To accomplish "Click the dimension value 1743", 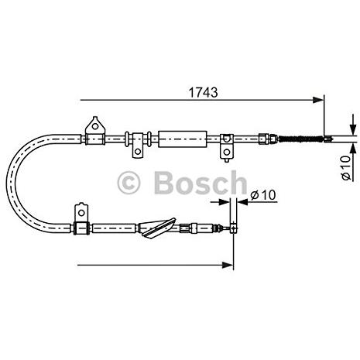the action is [204, 92].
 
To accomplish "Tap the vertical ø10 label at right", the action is [346, 167].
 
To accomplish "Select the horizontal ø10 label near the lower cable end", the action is [263, 195].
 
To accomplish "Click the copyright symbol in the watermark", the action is [129, 183].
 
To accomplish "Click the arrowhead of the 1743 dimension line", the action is [318, 100].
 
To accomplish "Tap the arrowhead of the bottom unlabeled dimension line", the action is [228, 265].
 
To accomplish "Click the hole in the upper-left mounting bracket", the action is [95, 126].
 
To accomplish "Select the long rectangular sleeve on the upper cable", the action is [183, 139].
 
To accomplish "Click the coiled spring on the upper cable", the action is [300, 139].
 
